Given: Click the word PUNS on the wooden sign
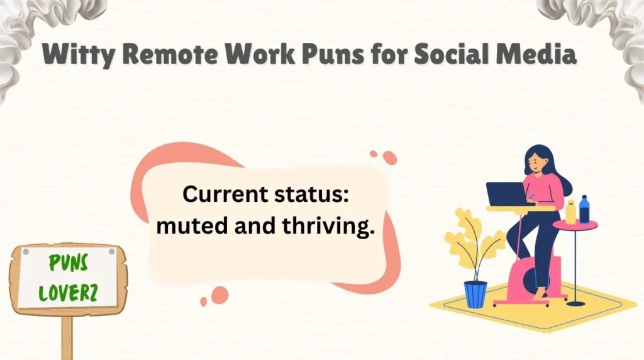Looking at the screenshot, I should [x=68, y=264].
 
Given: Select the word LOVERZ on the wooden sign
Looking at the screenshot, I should [x=68, y=293].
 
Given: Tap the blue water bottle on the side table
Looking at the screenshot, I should [x=584, y=209].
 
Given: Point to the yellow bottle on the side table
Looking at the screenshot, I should [x=570, y=212].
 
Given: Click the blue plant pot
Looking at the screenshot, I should [x=475, y=294].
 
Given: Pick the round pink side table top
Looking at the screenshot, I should [x=576, y=225].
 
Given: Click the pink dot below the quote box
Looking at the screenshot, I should [x=219, y=295].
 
